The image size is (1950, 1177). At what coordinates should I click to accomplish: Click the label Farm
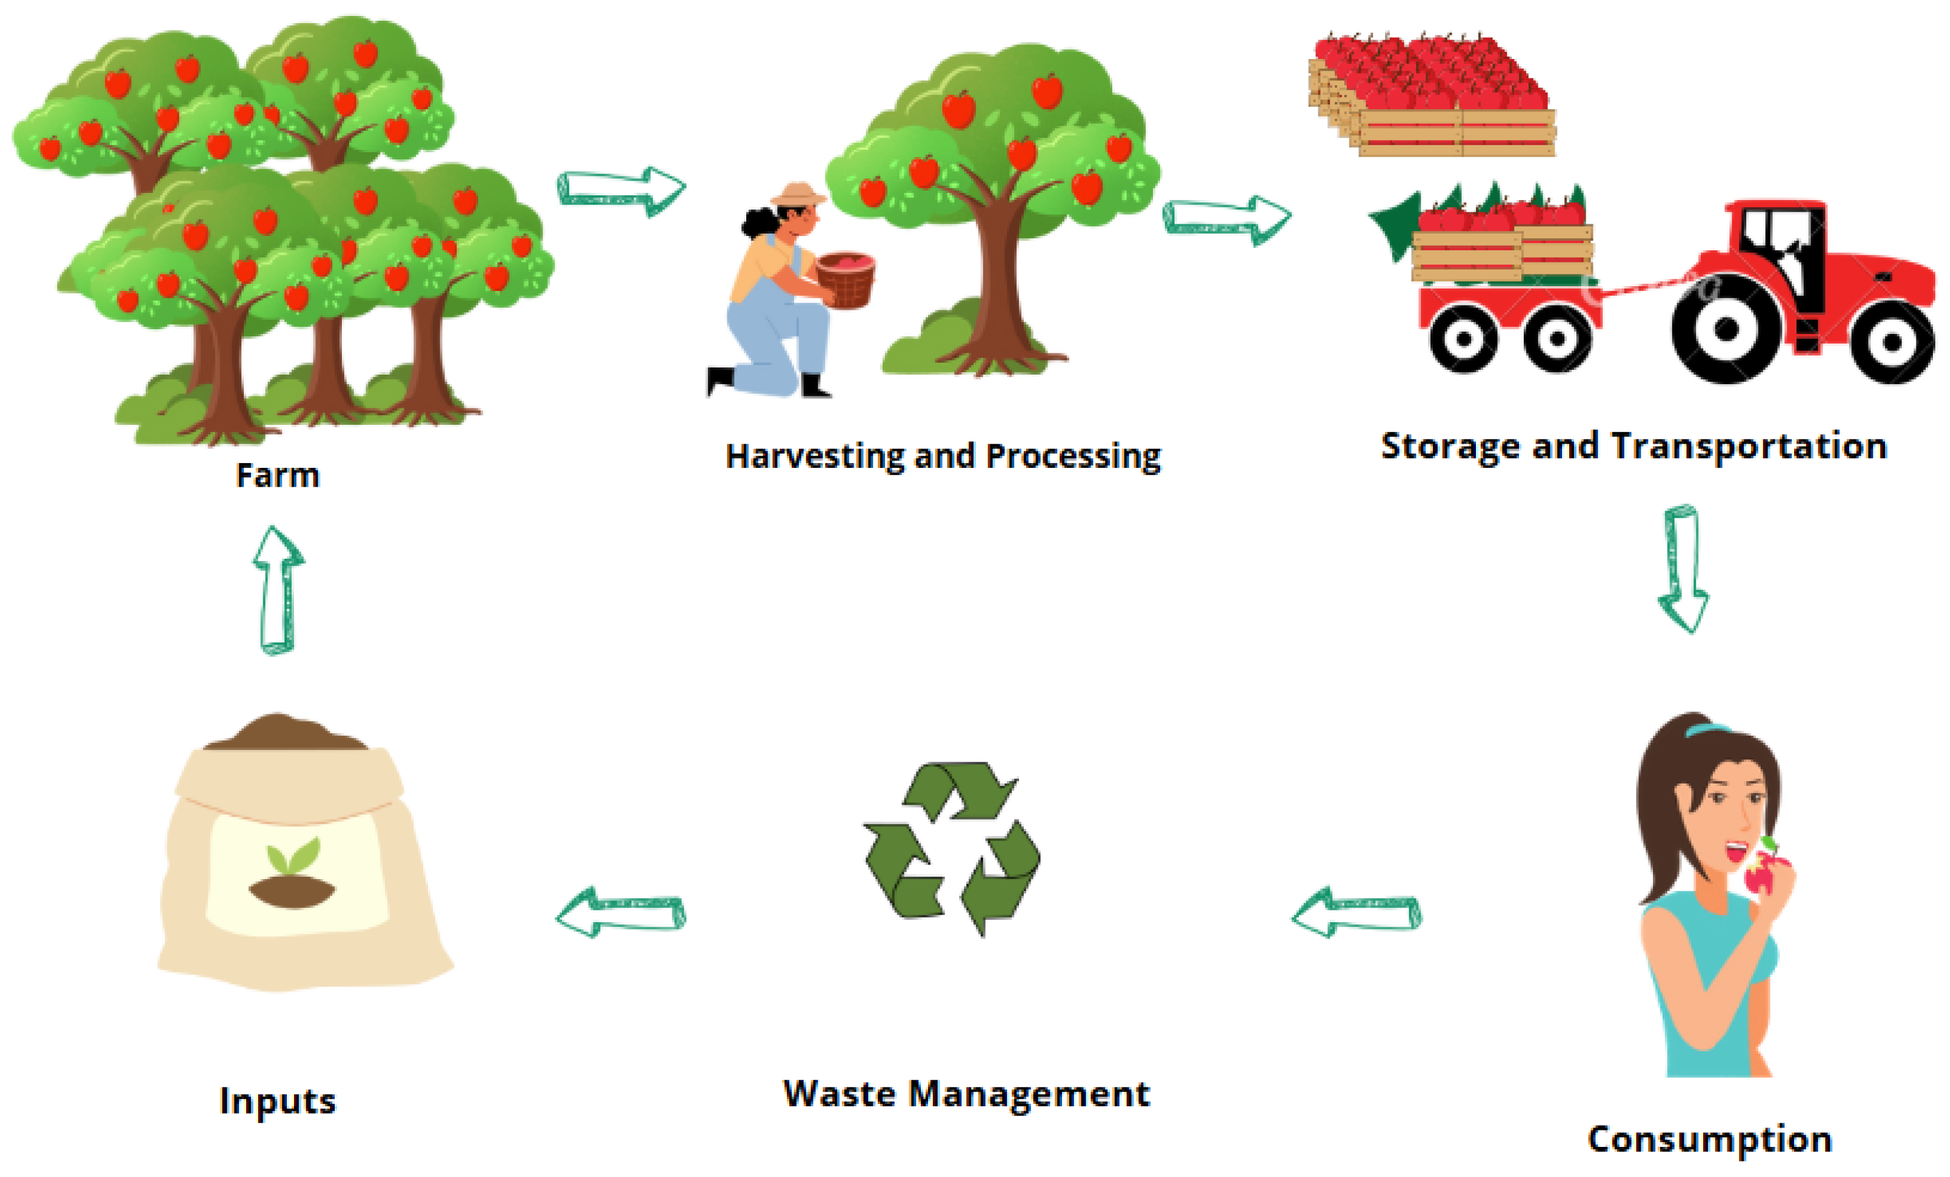coord(278,474)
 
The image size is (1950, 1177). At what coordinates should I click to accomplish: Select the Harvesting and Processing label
coord(943,457)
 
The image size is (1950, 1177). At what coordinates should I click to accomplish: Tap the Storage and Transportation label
coord(1634,446)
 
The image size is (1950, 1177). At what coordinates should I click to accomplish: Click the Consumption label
coord(1709,1139)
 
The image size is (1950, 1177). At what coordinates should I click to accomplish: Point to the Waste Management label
coord(965,1094)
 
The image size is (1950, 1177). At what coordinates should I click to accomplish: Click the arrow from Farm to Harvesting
coord(621,191)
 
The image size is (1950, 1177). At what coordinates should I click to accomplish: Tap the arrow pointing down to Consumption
coord(1683,569)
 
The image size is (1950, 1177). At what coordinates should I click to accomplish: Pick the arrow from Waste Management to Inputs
coord(620,912)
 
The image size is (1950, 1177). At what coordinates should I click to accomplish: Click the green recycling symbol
coord(952,848)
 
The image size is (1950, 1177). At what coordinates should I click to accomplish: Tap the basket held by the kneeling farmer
coord(846,279)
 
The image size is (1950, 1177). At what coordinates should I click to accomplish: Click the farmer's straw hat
coord(798,194)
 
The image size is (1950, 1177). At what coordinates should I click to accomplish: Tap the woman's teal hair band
coord(1706,729)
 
